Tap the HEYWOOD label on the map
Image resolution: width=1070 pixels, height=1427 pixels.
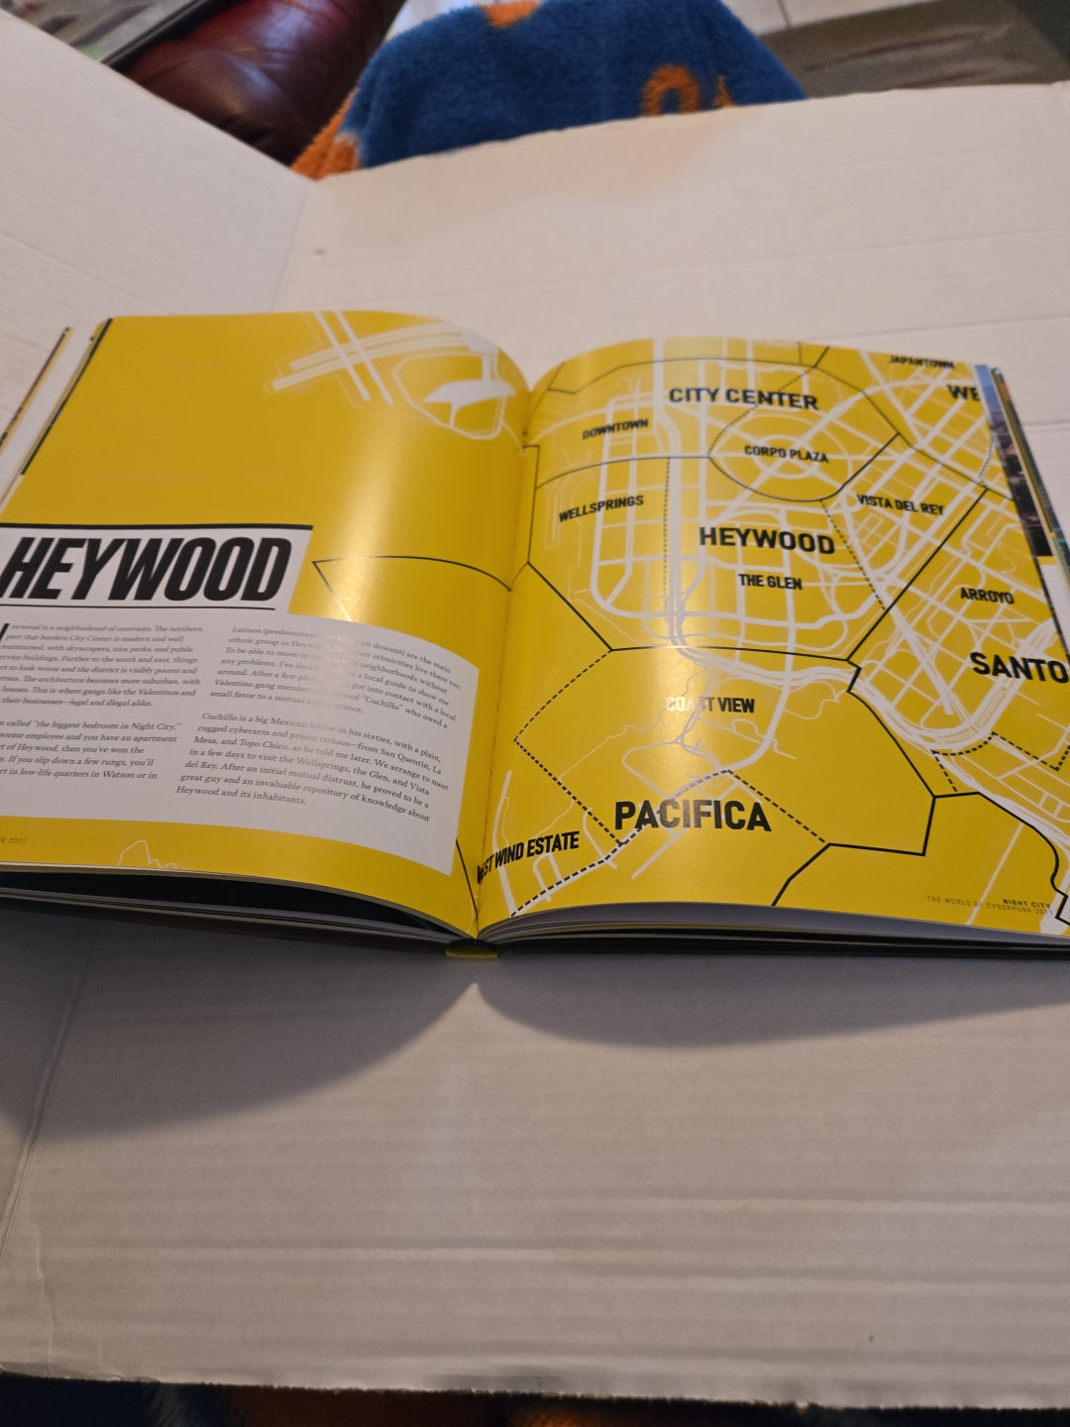tap(766, 540)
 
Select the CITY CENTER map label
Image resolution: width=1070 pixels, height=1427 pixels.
tap(743, 397)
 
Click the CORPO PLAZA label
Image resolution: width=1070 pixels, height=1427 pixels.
tap(786, 454)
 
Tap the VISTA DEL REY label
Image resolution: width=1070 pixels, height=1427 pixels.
tap(900, 504)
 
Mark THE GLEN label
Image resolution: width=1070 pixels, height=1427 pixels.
tap(770, 581)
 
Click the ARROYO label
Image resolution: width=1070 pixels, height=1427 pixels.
tap(986, 597)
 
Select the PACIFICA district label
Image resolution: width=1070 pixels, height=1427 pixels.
tap(692, 816)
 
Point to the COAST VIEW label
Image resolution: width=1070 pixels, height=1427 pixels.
tap(709, 706)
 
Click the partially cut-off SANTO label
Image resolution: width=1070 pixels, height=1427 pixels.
tap(1018, 666)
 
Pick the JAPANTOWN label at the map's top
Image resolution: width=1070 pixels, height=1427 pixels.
tap(920, 363)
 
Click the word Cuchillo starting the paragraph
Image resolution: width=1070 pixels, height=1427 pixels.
tap(222, 715)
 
